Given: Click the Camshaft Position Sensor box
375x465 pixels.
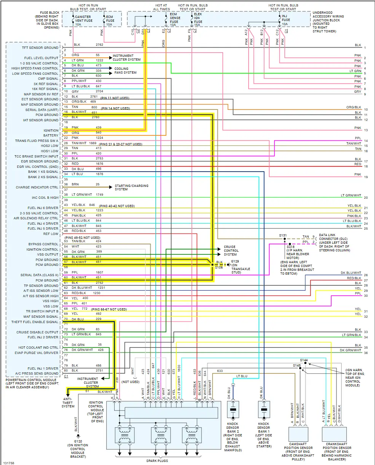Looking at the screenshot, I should [x=298, y=434].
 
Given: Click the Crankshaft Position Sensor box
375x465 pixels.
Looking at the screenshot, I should [x=334, y=434].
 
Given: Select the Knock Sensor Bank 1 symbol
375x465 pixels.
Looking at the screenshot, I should [x=264, y=410].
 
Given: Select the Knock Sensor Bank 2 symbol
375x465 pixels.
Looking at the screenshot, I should [x=233, y=410].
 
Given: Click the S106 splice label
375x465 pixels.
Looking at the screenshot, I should [x=218, y=267].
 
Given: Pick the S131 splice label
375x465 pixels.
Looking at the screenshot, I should [x=283, y=235].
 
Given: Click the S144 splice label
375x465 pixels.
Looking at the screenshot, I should [x=303, y=360].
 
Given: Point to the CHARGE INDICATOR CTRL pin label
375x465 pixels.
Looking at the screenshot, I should [x=37, y=187].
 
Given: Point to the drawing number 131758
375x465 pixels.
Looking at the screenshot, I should [x=9, y=463].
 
